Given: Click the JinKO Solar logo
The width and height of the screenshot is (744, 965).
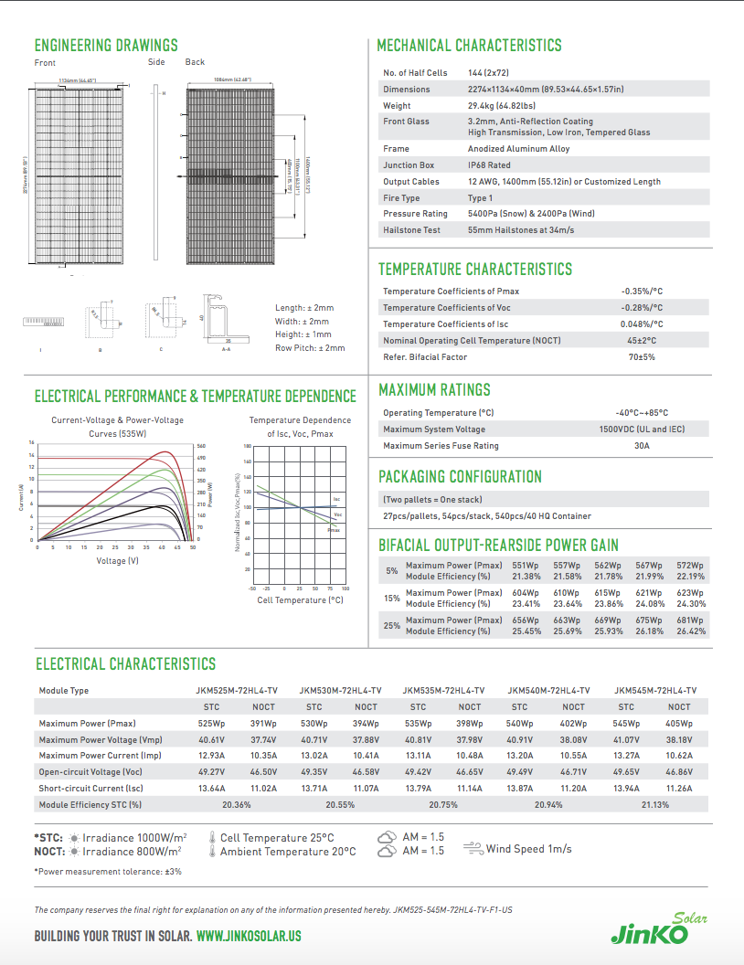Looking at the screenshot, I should pyautogui.click(x=650, y=929).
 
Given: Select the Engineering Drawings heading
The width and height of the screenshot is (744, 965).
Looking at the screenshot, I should pyautogui.click(x=106, y=46).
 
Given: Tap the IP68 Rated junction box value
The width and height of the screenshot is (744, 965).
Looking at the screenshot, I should pyautogui.click(x=489, y=165).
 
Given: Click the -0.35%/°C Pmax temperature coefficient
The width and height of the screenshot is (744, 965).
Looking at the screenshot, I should pyautogui.click(x=642, y=292).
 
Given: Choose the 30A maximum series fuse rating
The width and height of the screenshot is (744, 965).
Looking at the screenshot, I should pyautogui.click(x=641, y=446).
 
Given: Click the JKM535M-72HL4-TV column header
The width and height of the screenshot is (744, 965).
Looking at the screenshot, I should pyautogui.click(x=443, y=691).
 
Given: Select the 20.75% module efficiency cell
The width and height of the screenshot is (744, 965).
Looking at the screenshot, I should pyautogui.click(x=443, y=805).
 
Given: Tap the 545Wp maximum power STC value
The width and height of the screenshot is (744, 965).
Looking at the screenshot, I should pyautogui.click(x=626, y=724).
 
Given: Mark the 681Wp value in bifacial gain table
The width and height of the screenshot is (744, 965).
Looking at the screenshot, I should pyautogui.click(x=690, y=620).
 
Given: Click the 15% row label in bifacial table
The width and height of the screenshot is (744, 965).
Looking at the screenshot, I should pyautogui.click(x=392, y=599).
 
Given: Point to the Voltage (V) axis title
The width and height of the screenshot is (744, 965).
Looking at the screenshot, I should pyautogui.click(x=118, y=560).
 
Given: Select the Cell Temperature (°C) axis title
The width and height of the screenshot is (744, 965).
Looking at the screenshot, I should pyautogui.click(x=300, y=600).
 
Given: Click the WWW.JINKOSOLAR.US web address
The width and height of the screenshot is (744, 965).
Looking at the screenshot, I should pyautogui.click(x=249, y=937).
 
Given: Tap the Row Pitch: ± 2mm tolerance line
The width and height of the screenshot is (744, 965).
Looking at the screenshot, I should pyautogui.click(x=310, y=348).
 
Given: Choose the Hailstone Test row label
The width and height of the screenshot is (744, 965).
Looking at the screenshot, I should pyautogui.click(x=411, y=230).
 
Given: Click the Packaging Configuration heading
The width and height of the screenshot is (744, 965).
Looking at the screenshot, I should pyautogui.click(x=460, y=477).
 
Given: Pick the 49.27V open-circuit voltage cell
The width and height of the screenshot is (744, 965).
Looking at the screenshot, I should pyautogui.click(x=211, y=772).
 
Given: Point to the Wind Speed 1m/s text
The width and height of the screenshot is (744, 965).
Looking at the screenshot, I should pyautogui.click(x=528, y=849).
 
